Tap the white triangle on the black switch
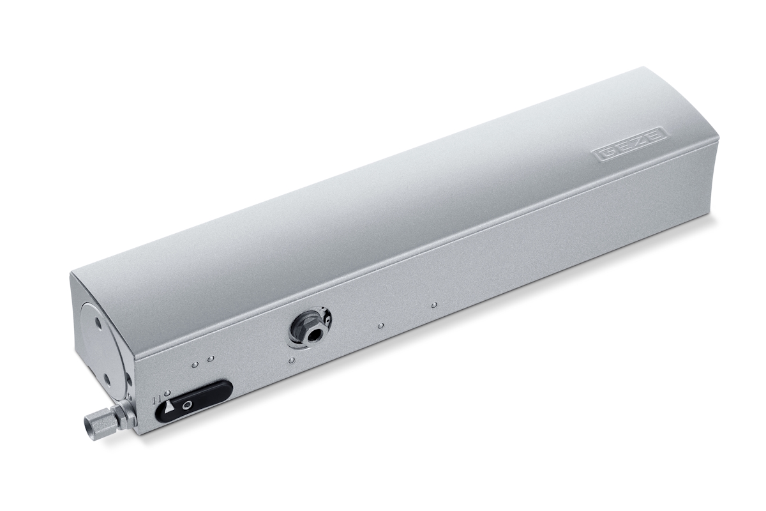click(170, 408)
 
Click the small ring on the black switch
click(186, 406)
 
